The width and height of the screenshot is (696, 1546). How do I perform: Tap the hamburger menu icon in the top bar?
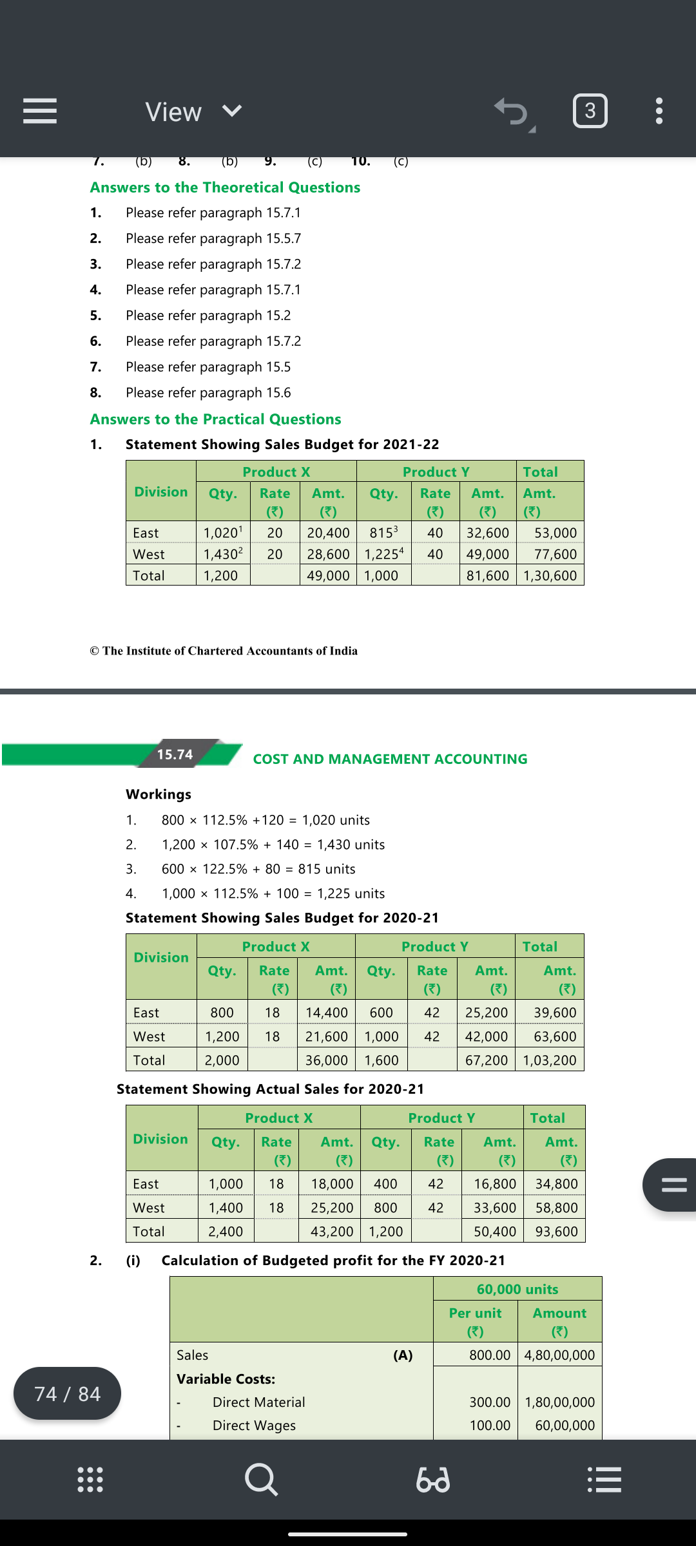pos(40,111)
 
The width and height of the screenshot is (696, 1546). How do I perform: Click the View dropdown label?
pos(173,112)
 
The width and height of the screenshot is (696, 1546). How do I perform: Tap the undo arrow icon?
pos(512,111)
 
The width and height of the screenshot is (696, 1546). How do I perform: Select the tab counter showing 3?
pos(590,111)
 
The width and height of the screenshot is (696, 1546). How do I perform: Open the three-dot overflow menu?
pos(659,111)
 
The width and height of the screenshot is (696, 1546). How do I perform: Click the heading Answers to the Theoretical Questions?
pos(225,187)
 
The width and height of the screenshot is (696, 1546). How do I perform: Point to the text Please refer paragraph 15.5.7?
pos(213,238)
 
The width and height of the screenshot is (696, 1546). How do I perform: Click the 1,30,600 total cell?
pos(550,575)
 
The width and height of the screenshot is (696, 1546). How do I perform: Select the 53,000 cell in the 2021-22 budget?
pos(555,533)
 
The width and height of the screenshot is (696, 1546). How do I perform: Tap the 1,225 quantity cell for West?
pos(383,554)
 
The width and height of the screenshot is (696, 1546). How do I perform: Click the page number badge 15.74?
pos(175,754)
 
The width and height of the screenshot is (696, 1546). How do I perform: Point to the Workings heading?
pos(159,794)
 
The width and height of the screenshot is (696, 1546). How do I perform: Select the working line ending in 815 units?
pos(258,869)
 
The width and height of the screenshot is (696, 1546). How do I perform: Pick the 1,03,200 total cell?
pos(549,1060)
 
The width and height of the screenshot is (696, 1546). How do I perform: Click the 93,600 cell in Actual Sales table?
pos(556,1232)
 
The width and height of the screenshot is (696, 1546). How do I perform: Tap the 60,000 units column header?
pos(517,1289)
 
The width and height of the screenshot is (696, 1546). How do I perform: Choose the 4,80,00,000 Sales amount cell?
pos(559,1355)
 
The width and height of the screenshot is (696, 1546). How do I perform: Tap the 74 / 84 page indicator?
pos(67,1394)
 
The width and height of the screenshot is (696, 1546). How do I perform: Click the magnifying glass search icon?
pos(261,1479)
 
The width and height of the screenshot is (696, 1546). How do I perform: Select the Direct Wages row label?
pos(254,1426)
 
